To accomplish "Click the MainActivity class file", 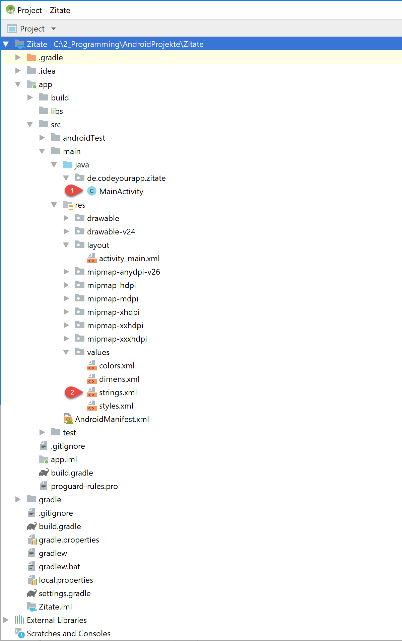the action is [x=121, y=192].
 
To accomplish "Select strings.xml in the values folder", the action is [x=118, y=393].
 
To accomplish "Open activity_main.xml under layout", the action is [x=129, y=259].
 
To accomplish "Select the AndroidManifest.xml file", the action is [x=112, y=419].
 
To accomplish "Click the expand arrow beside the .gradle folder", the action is [x=18, y=58].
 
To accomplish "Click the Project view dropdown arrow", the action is [x=54, y=29].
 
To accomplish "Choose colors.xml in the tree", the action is [x=117, y=366].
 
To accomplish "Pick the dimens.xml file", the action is [x=119, y=379].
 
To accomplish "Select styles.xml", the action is [x=116, y=406].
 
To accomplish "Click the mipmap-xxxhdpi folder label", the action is [x=117, y=339].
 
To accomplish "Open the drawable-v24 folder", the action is [x=111, y=232].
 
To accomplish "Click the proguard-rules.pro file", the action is [x=84, y=486].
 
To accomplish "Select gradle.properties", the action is [x=69, y=540].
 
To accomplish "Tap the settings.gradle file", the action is [x=65, y=593].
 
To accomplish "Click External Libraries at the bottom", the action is [x=57, y=620].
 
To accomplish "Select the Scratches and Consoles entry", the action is [x=69, y=634].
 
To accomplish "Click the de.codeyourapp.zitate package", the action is [x=126, y=178].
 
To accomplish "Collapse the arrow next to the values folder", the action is [x=66, y=352].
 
